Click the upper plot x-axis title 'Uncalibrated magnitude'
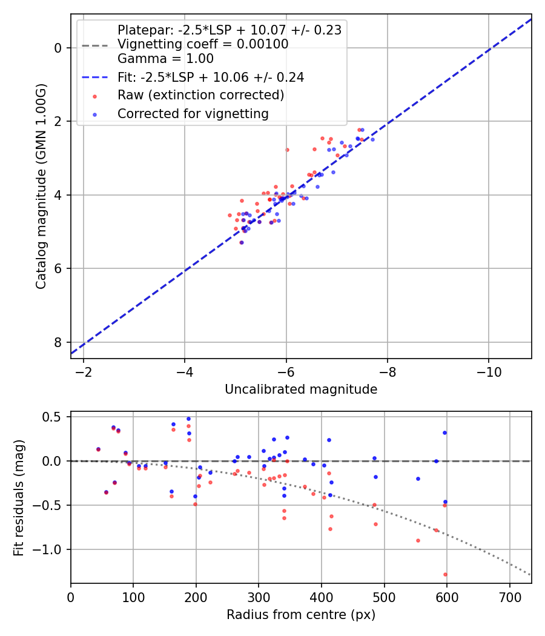[301, 389]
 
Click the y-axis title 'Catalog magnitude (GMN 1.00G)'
[41, 187]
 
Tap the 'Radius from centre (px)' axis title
[301, 615]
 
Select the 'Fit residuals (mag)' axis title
[19, 497]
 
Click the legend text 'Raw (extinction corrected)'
[200, 95]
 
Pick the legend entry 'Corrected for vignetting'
[193, 113]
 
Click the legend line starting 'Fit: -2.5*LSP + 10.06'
[210, 77]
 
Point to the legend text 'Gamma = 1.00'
[165, 59]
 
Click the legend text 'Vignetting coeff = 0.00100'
[203, 44]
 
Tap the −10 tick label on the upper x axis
[488, 372]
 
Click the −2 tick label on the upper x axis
[84, 372]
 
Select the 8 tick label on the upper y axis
[59, 342]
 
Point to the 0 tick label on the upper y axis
[59, 48]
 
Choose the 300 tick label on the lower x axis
[259, 597]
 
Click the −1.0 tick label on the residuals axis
[51, 549]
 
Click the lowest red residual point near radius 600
[445, 574]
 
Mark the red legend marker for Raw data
[94, 96]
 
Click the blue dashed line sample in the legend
[94, 78]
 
